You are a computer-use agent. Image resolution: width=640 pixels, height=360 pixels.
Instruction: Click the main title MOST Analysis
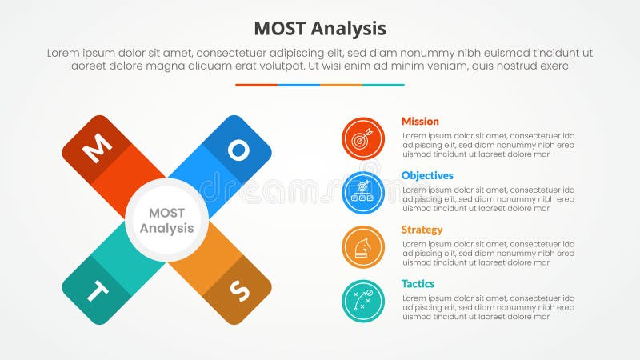[x=320, y=29]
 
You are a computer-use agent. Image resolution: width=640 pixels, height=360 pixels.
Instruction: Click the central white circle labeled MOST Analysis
[x=166, y=220]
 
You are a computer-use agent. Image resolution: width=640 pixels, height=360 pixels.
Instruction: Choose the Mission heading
[x=420, y=122]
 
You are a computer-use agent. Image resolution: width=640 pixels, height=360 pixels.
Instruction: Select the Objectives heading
[x=427, y=175]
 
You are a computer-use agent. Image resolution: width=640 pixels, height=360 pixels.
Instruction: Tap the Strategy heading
[x=422, y=230]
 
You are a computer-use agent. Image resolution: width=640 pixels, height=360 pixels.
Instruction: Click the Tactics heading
[x=418, y=284]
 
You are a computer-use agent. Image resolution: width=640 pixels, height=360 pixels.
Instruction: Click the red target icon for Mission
[x=363, y=138]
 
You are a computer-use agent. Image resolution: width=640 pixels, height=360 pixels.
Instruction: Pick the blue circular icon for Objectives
[x=363, y=193]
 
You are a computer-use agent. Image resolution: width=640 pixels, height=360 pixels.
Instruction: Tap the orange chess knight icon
[x=363, y=247]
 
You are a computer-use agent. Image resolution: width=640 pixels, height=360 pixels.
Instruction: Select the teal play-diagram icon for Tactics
[x=363, y=301]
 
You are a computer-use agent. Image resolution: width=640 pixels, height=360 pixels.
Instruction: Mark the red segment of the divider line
[x=256, y=85]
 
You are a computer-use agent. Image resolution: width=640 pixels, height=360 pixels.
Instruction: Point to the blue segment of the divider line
[x=298, y=85]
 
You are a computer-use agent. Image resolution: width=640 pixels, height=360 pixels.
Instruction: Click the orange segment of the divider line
[x=341, y=85]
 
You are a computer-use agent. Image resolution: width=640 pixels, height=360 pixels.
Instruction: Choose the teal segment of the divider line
[x=383, y=85]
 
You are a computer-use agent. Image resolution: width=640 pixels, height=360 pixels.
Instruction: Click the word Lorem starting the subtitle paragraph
[x=63, y=53]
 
